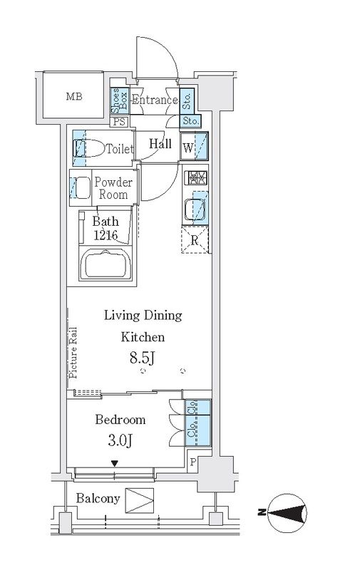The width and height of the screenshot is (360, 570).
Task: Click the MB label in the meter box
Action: (74, 96)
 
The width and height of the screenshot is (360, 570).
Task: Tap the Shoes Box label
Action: (119, 101)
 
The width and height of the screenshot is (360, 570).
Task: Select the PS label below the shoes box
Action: (119, 121)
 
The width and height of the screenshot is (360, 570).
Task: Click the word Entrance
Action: (155, 100)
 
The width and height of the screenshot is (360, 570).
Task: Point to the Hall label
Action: (160, 144)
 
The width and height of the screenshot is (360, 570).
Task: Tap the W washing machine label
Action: (188, 148)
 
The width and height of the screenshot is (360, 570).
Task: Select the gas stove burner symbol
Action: (195, 178)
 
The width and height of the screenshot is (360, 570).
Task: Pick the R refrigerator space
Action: (195, 239)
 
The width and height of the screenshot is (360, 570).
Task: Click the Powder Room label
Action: (113, 188)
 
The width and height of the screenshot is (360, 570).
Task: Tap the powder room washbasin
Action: (81, 187)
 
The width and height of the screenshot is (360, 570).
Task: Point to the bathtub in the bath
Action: (106, 265)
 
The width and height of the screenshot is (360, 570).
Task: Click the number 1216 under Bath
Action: (106, 236)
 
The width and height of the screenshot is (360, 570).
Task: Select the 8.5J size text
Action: (143, 358)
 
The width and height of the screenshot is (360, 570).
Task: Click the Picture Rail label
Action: (73, 353)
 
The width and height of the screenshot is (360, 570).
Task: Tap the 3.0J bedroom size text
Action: (120, 440)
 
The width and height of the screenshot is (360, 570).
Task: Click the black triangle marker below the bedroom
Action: (115, 464)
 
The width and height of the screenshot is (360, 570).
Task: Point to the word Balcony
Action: (98, 498)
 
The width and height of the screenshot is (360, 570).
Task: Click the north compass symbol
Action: (287, 513)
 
